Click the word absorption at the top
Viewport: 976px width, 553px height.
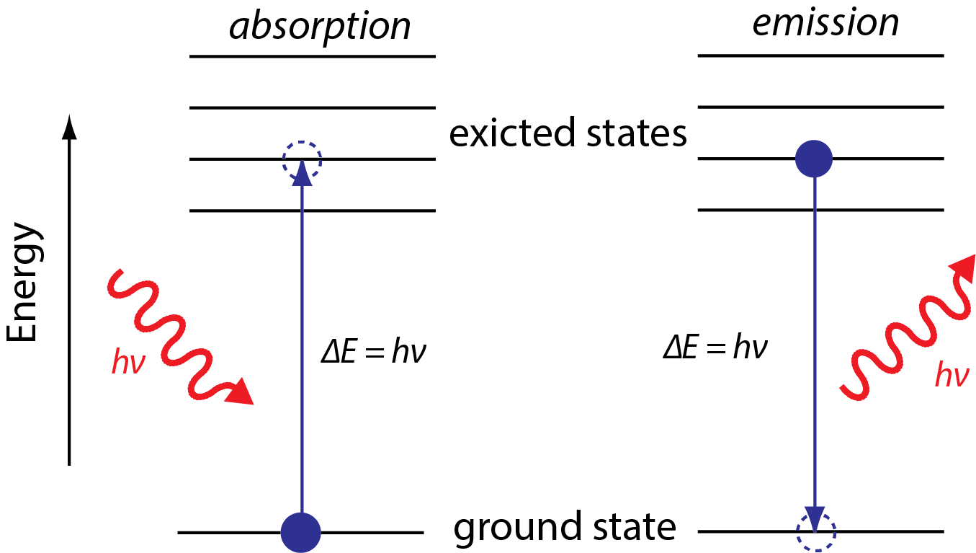pos(320,27)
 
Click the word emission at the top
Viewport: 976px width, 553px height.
pos(825,23)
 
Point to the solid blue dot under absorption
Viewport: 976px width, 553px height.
pos(300,533)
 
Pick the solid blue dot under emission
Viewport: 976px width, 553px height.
pos(814,159)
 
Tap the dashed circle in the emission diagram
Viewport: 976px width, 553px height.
pos(816,533)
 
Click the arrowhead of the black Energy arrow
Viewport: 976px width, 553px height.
pos(69,126)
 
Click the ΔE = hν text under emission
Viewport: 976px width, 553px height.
pos(715,349)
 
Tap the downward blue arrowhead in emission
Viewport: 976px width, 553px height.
pos(815,518)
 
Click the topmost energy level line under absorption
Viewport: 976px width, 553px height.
pos(313,56)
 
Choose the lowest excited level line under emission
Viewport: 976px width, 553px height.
pos(820,210)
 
